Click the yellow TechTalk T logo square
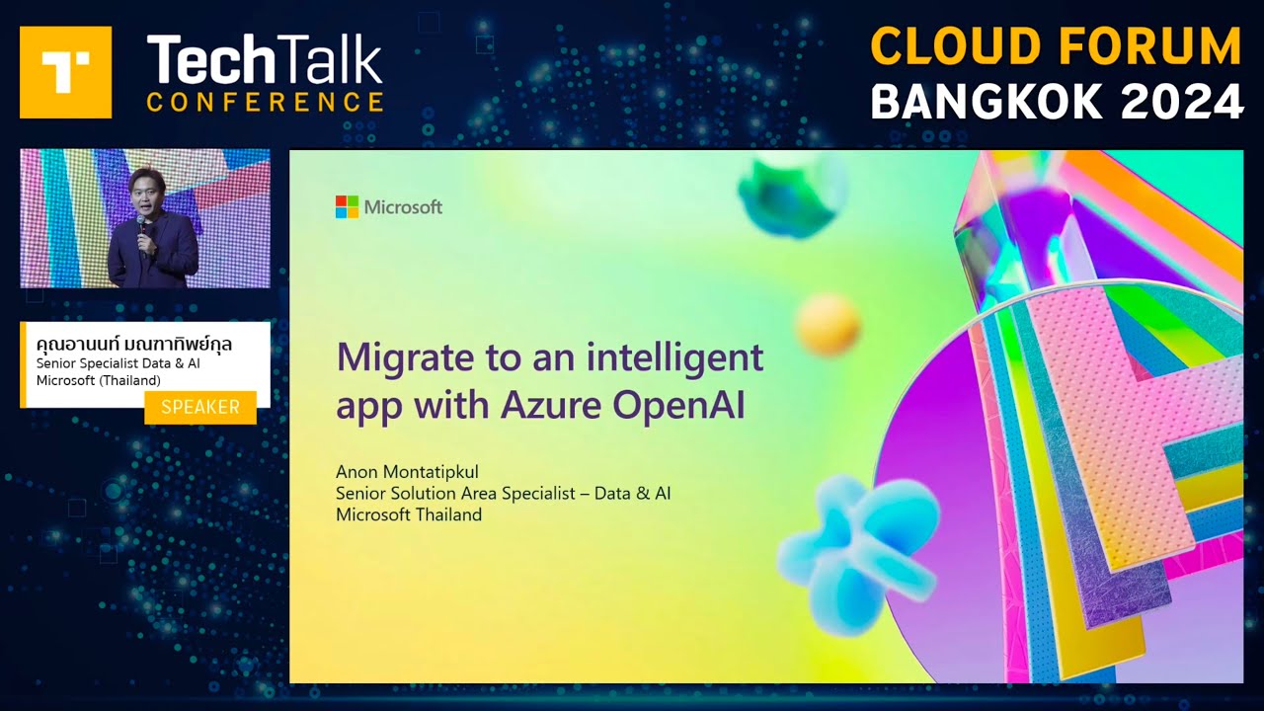pyautogui.click(x=65, y=72)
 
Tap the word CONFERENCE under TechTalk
pyautogui.click(x=265, y=102)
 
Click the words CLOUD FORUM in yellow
pyautogui.click(x=1056, y=46)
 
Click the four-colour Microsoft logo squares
pyautogui.click(x=347, y=206)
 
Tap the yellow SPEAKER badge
pyautogui.click(x=200, y=407)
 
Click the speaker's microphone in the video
pyautogui.click(x=142, y=226)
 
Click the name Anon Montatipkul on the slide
pyautogui.click(x=407, y=471)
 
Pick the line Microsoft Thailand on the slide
pyautogui.click(x=409, y=514)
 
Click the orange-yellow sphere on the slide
pyautogui.click(x=828, y=324)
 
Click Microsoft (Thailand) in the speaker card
pyautogui.click(x=99, y=381)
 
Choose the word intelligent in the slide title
pyautogui.click(x=676, y=356)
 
